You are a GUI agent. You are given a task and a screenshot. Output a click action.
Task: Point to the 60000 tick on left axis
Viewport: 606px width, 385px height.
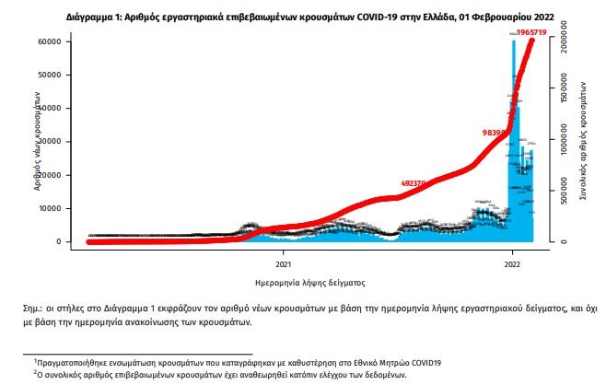click(49, 42)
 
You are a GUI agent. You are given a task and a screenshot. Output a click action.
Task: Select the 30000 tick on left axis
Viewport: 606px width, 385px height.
click(49, 142)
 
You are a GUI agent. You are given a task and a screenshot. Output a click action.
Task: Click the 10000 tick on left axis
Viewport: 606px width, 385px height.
click(49, 208)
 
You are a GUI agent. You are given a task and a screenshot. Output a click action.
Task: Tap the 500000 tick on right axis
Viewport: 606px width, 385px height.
click(567, 192)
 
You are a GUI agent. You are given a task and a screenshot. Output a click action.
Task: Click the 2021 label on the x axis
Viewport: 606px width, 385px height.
click(283, 259)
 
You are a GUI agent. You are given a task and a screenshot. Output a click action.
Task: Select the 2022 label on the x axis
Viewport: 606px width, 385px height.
click(513, 259)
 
